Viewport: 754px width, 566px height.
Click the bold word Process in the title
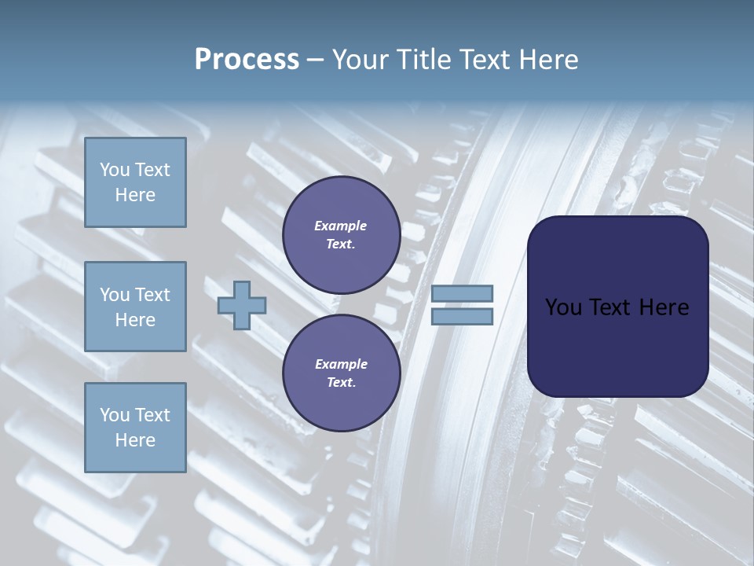[247, 60]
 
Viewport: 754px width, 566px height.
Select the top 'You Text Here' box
[135, 182]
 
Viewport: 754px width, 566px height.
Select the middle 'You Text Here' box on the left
[135, 307]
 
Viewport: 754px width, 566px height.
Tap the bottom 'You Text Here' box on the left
[135, 428]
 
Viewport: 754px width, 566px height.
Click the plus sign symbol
[242, 304]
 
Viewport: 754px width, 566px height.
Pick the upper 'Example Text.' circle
[341, 235]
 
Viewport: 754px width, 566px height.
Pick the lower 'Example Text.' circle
[341, 373]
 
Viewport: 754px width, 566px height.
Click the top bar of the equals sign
[463, 294]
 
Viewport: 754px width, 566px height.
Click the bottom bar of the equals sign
[463, 316]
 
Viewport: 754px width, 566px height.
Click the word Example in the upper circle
[341, 226]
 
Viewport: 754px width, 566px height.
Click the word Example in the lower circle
[341, 365]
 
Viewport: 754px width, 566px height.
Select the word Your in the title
[358, 60]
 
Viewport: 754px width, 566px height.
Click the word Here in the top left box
[135, 195]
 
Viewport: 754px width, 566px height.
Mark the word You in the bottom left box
[115, 415]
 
